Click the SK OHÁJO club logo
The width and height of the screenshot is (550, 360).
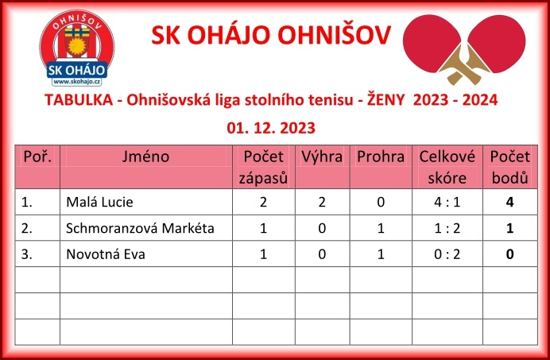coord(77,48)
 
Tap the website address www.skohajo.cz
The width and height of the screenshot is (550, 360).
coord(77,81)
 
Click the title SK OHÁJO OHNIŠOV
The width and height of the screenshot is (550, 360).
coord(271,35)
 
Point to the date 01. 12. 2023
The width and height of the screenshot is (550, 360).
coord(271,128)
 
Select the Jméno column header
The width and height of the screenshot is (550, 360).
coord(145,157)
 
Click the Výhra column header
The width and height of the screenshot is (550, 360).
coord(322,157)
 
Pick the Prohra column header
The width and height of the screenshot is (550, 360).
coord(381,157)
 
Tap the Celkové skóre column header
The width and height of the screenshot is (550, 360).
coord(447,167)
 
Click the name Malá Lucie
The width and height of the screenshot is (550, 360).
coord(99,202)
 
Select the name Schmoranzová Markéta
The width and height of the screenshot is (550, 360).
coord(140,228)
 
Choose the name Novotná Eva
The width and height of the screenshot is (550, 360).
coord(106,254)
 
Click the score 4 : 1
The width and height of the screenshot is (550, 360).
coord(447,202)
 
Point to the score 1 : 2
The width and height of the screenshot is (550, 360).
coord(447,228)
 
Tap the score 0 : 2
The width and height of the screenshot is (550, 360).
coord(447,254)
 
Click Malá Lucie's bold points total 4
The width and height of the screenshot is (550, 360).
coord(510,202)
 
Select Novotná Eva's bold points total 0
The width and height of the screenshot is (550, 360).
coord(510,254)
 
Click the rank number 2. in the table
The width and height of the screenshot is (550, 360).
coord(27,228)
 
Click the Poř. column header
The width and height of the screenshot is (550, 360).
coord(37,157)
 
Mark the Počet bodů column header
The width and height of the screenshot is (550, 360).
coord(510,167)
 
